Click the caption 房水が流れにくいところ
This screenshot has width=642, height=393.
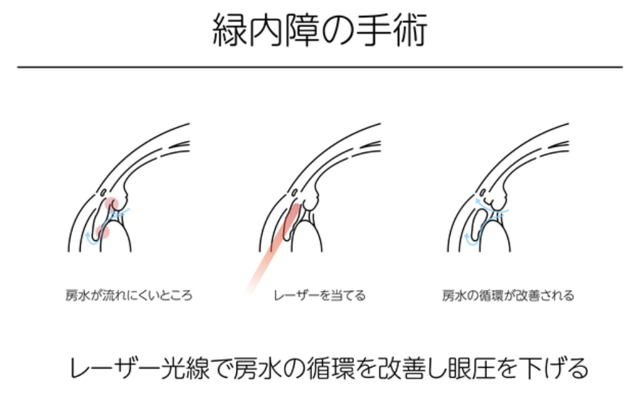click(128, 296)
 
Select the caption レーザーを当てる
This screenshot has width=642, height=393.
click(320, 296)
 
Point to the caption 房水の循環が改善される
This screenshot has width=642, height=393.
click(508, 296)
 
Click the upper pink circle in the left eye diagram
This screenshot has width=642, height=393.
click(112, 204)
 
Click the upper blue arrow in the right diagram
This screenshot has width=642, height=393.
click(478, 202)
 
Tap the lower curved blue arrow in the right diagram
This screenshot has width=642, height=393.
click(469, 238)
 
